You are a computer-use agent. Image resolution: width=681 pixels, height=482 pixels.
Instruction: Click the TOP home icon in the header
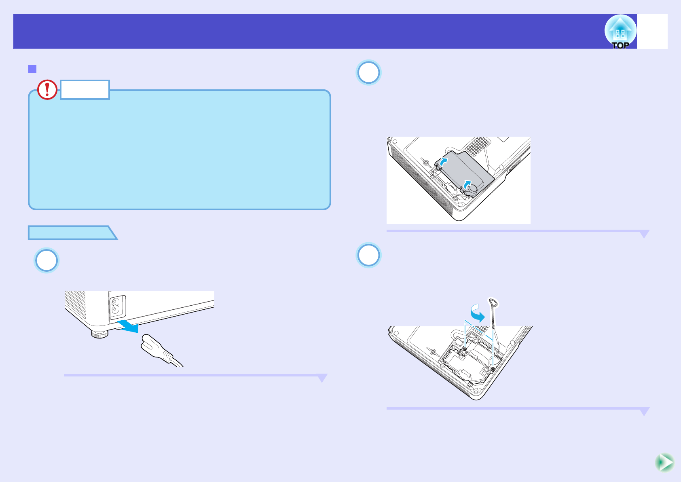click(620, 32)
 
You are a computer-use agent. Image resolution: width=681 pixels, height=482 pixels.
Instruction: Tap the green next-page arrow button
click(664, 463)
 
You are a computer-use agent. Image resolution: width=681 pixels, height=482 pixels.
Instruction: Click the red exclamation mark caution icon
click(47, 89)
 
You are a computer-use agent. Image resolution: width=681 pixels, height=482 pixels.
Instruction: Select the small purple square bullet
click(32, 69)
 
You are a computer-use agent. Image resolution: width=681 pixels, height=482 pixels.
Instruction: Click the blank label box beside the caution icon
click(85, 90)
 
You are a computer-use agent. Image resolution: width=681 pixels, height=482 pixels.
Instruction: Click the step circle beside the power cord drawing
click(47, 260)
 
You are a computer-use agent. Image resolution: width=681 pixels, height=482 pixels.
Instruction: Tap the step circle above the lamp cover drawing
click(368, 73)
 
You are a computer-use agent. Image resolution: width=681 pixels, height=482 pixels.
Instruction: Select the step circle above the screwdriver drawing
click(368, 255)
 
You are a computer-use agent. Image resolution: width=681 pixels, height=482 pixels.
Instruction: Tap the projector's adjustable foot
click(99, 334)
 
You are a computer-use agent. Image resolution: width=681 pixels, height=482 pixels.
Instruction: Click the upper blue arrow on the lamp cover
click(443, 163)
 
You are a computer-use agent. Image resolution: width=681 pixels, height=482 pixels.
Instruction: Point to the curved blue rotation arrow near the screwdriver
click(478, 313)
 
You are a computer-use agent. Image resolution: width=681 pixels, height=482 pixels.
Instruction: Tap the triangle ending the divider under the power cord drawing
click(322, 378)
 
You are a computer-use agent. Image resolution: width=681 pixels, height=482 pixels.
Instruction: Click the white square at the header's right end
click(652, 32)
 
